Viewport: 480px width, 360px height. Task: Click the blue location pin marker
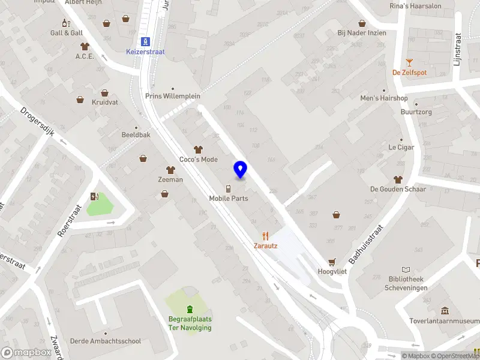(x=240, y=170)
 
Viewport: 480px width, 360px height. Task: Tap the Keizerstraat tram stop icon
(x=145, y=41)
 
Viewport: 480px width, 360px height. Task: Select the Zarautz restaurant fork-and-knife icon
(x=265, y=236)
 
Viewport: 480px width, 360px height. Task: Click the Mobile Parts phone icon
(x=229, y=188)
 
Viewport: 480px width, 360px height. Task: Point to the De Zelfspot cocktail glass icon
(x=409, y=62)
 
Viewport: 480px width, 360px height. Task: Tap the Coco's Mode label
(x=199, y=160)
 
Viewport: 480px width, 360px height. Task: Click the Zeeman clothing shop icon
(x=170, y=170)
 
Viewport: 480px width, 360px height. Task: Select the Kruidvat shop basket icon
(x=105, y=93)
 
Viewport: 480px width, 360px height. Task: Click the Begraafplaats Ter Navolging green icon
(x=190, y=310)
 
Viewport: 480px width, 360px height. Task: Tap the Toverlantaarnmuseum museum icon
(x=445, y=311)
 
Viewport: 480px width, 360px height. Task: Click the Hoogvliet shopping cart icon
(x=332, y=262)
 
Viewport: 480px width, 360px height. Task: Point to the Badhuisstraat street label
(x=366, y=244)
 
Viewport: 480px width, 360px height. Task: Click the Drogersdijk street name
(x=38, y=122)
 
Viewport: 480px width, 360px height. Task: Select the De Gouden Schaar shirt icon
(x=398, y=179)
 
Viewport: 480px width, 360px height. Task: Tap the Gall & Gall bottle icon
(x=67, y=23)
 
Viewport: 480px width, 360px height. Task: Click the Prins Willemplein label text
(x=173, y=96)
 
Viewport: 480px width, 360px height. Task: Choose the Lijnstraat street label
(x=457, y=49)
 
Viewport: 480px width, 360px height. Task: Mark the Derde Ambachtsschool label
(x=106, y=341)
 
